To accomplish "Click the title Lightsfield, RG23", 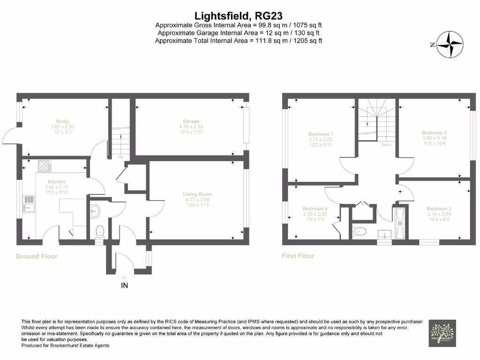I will [x=239, y=16].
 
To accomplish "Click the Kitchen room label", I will [x=56, y=181].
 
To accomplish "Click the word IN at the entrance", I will [x=125, y=285].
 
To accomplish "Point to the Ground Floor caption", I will [x=37, y=256].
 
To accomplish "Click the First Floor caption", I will [x=298, y=256].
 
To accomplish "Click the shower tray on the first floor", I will [x=401, y=223].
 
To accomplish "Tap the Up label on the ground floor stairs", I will [x=120, y=157].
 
